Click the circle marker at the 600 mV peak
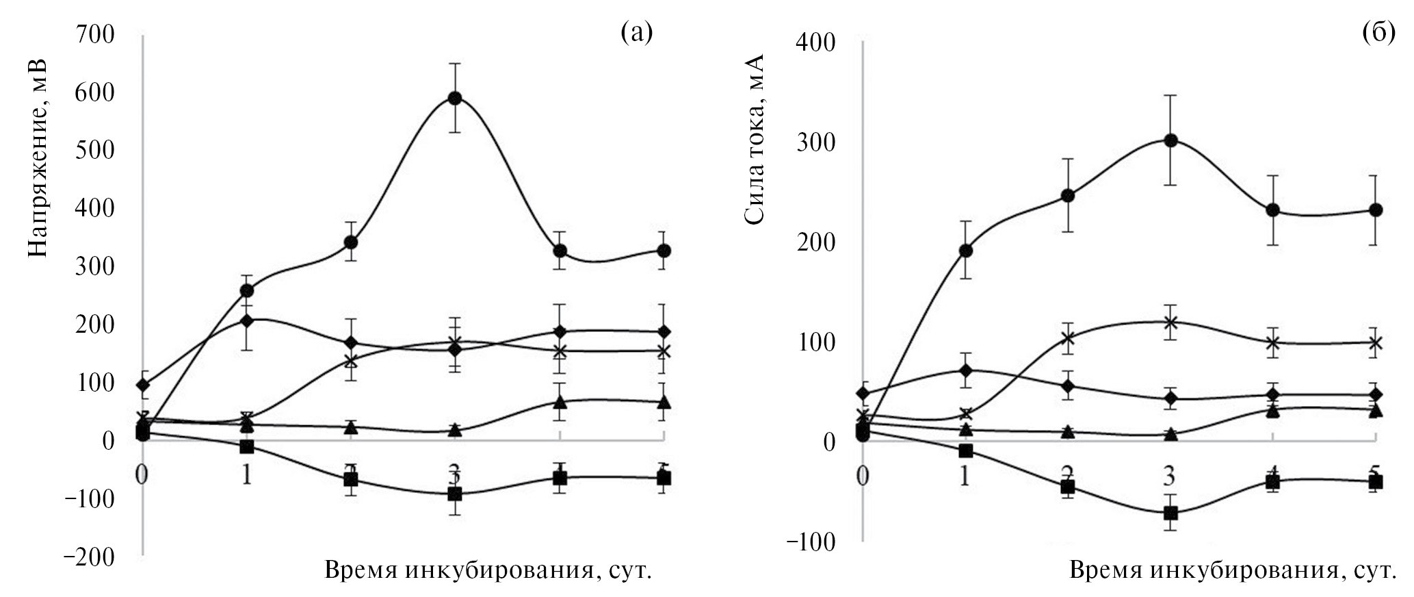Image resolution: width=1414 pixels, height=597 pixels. tap(454, 98)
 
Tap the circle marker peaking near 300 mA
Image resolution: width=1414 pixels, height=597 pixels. tap(1170, 140)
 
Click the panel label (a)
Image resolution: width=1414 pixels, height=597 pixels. tap(636, 31)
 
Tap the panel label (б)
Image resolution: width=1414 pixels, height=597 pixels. tap(1378, 31)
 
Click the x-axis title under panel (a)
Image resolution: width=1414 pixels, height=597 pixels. tap(487, 570)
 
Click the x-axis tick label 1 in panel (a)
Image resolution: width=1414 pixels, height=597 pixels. tap(246, 474)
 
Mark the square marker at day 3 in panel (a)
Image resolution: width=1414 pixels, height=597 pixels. tap(454, 494)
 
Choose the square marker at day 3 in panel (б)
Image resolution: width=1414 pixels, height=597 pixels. tap(1170, 513)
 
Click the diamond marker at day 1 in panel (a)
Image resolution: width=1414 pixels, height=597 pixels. tap(246, 320)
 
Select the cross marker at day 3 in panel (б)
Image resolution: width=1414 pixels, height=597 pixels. tap(1170, 322)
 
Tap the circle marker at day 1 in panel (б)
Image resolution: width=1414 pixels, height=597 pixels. tap(965, 251)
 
